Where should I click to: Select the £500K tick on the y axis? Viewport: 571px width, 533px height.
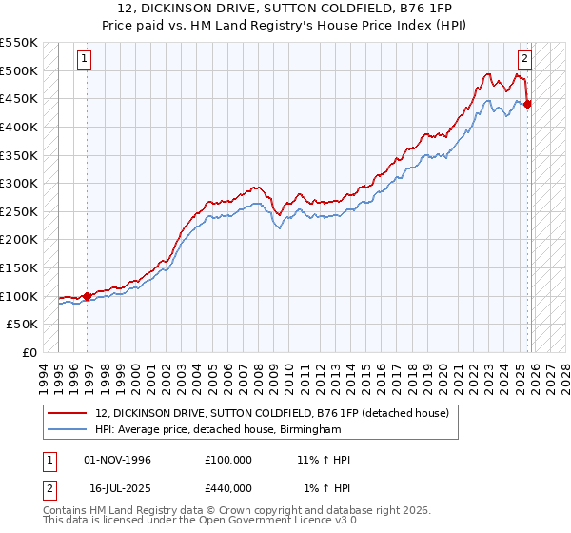pyautogui.click(x=18, y=70)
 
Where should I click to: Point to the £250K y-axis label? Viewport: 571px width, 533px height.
pyautogui.click(x=18, y=211)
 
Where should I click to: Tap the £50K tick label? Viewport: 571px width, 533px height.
pyautogui.click(x=22, y=325)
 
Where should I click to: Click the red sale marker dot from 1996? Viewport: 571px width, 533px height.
pyautogui.click(x=87, y=296)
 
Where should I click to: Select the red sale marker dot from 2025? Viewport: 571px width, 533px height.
pyautogui.click(x=527, y=104)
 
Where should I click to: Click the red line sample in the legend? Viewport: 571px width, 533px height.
pyautogui.click(x=68, y=413)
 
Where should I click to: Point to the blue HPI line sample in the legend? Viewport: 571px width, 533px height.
pyautogui.click(x=68, y=430)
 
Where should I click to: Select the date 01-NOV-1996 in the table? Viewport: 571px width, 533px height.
pyautogui.click(x=118, y=461)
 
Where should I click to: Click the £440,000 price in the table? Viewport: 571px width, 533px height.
pyautogui.click(x=227, y=488)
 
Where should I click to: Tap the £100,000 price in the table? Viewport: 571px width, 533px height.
pyautogui.click(x=227, y=461)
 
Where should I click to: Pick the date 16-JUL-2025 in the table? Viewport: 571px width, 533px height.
pyautogui.click(x=118, y=488)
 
